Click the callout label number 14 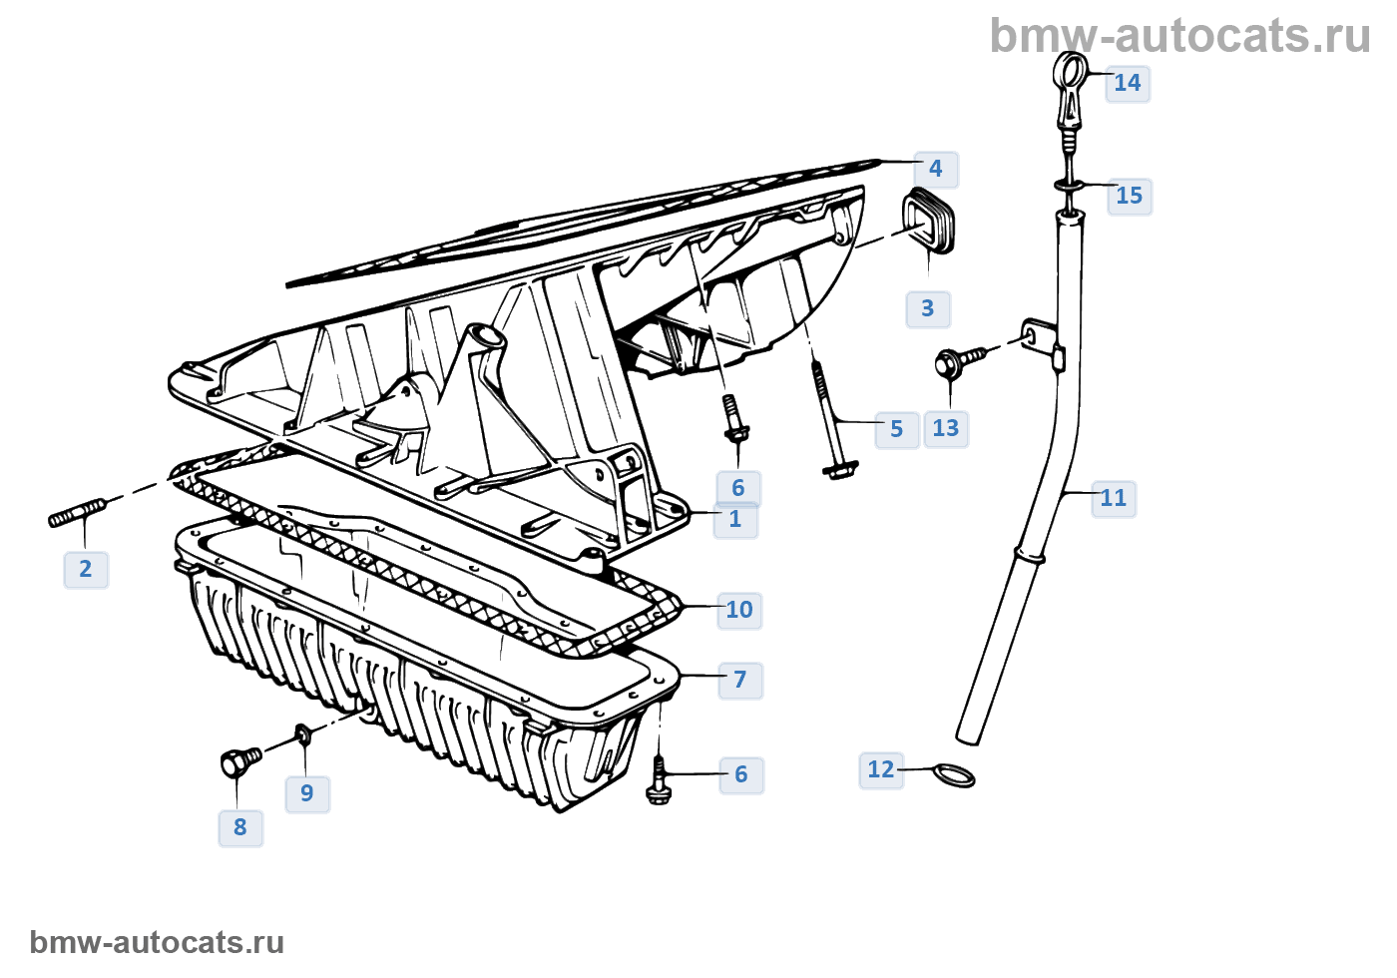click(1128, 83)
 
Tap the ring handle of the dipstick click(1071, 73)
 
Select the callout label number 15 click(1130, 196)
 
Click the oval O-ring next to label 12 click(953, 776)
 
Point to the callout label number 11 click(1114, 498)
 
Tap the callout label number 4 click(936, 169)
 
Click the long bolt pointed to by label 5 click(830, 419)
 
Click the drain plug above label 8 click(239, 762)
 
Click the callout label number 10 click(739, 610)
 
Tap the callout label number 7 click(740, 680)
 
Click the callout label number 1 click(735, 520)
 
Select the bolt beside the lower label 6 click(659, 779)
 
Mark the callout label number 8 click(240, 827)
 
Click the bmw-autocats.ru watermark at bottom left click(157, 942)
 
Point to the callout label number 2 click(86, 569)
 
